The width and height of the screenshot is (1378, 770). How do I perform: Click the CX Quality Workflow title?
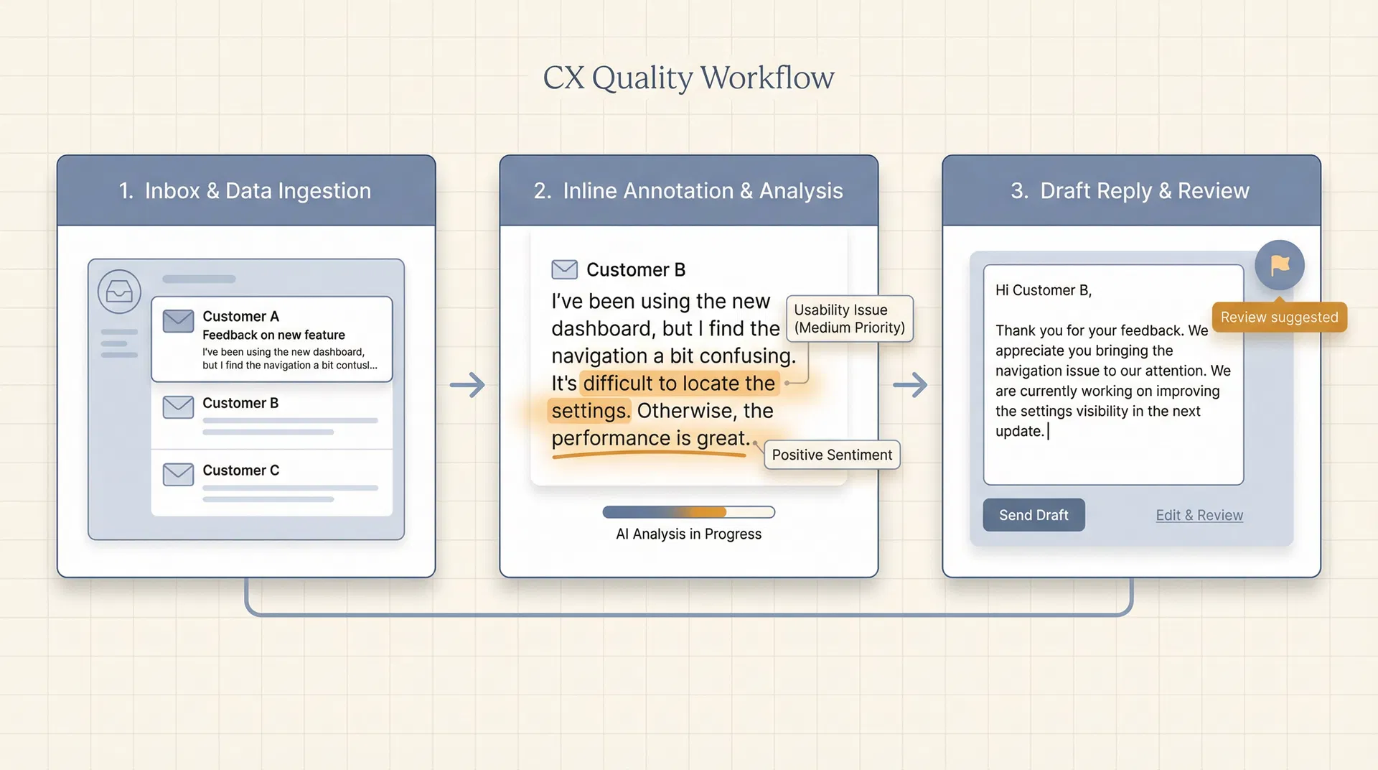(x=688, y=78)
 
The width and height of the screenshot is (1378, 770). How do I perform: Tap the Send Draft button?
(x=1033, y=515)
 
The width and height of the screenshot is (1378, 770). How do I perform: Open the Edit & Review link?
(x=1199, y=515)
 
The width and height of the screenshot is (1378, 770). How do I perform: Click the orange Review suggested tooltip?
(x=1279, y=317)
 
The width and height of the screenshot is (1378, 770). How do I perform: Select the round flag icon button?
(x=1280, y=265)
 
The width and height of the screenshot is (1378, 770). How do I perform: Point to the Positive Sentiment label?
(x=832, y=455)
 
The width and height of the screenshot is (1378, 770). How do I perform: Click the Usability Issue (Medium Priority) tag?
(x=849, y=319)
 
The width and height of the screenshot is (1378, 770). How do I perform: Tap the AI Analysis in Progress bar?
(x=688, y=512)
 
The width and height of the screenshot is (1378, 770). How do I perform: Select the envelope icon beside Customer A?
(x=178, y=320)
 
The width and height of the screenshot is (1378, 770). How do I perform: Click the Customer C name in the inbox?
(x=240, y=470)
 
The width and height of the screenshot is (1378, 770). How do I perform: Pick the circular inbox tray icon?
(x=119, y=292)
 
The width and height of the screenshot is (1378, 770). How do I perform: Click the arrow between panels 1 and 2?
(x=468, y=385)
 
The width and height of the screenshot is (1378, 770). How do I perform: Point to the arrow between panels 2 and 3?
(x=910, y=385)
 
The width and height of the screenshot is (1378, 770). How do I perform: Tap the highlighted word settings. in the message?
(x=590, y=411)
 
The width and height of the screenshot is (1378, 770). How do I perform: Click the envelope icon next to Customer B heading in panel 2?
(x=564, y=269)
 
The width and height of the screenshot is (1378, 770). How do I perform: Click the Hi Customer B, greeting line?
(x=1043, y=290)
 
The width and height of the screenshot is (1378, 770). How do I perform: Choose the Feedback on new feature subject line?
(x=273, y=335)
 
